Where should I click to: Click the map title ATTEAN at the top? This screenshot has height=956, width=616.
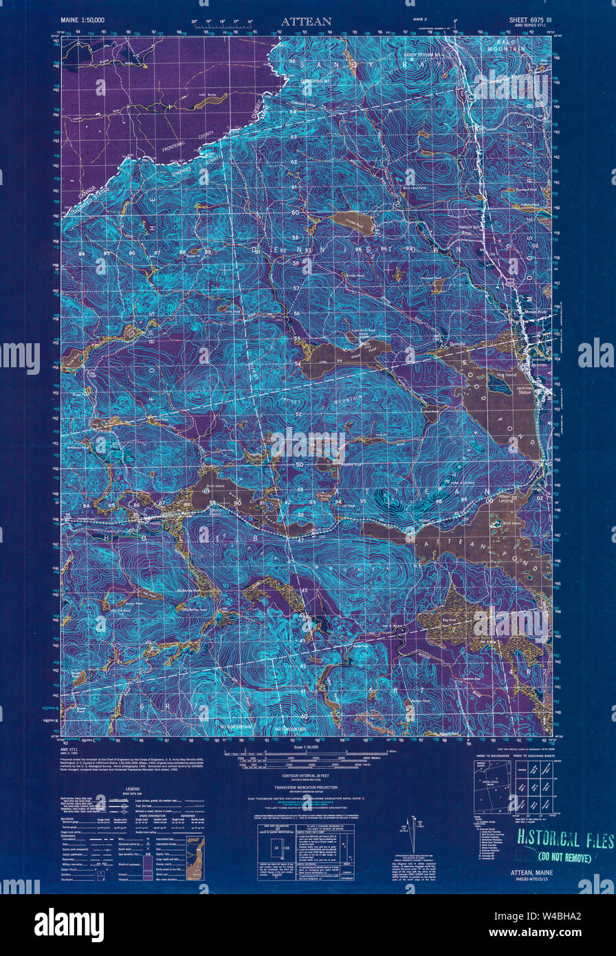coord(305,21)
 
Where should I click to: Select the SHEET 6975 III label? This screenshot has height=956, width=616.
coord(525,21)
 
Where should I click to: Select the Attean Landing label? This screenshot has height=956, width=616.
coord(506,500)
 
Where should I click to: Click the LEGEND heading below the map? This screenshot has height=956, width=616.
coord(133,790)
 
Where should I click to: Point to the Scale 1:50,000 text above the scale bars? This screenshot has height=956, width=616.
coord(307,746)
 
